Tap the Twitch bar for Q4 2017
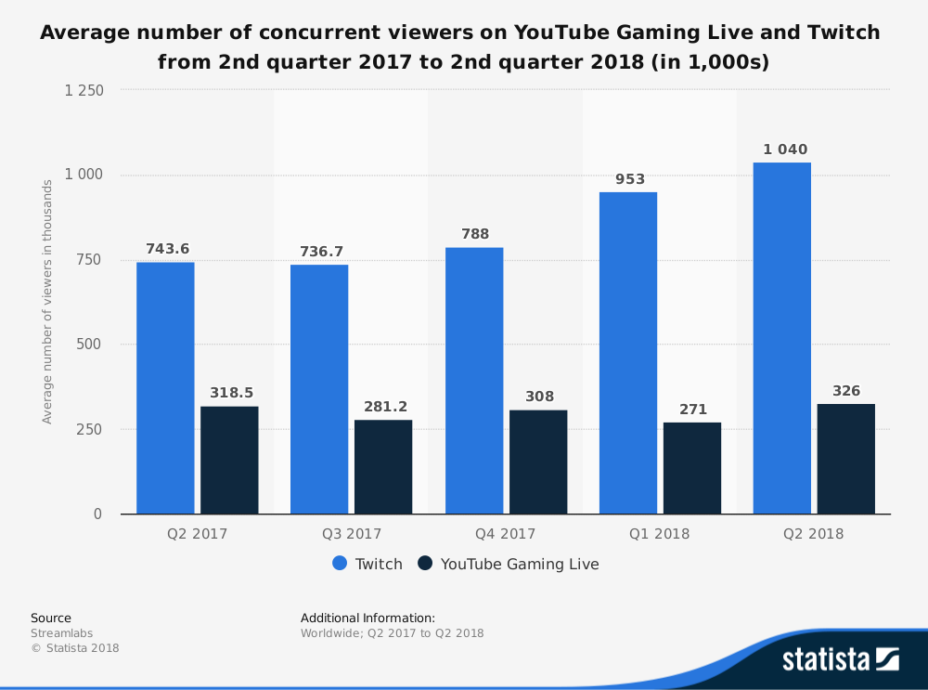474,381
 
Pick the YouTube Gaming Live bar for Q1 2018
692,468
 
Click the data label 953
630,179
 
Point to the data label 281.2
383,407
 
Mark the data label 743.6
167,249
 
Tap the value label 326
846,391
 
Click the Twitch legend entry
367,564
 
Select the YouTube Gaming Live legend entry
509,564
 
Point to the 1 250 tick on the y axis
84,90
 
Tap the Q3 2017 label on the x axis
352,534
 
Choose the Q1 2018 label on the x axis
660,534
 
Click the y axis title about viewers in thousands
47,302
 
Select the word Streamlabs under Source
62,633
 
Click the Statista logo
840,659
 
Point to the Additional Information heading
367,618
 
